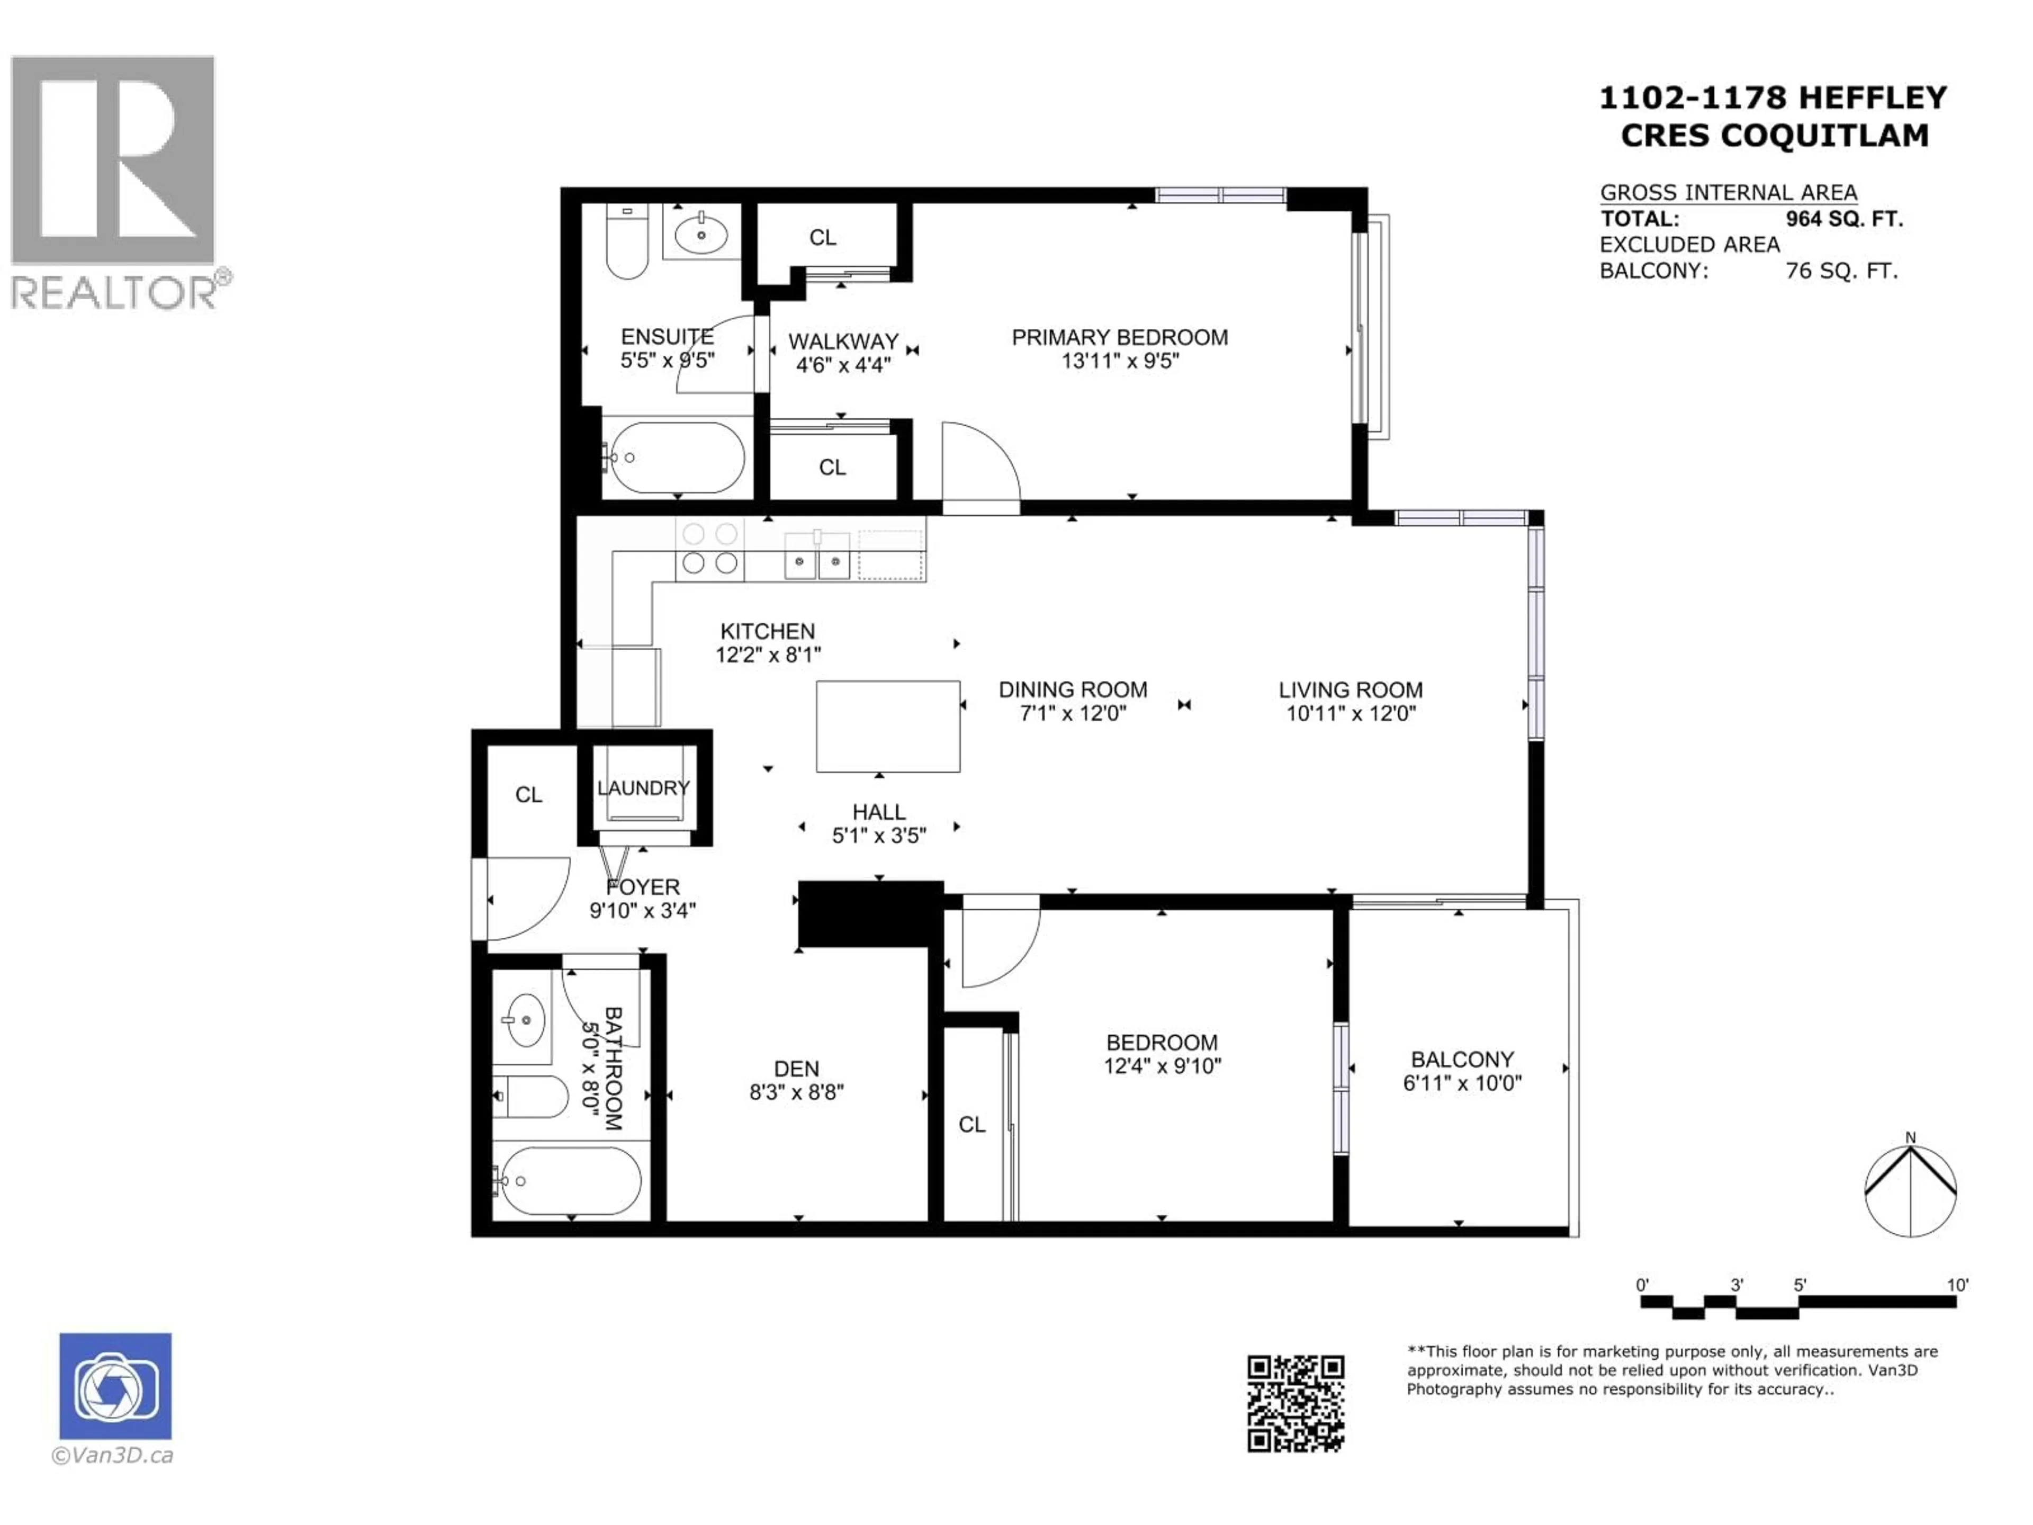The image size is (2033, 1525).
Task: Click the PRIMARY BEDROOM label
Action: tap(1119, 337)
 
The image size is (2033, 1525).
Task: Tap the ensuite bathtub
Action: tap(677, 458)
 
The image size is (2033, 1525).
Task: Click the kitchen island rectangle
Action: tap(888, 726)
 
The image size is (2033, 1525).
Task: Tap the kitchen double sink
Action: tap(817, 559)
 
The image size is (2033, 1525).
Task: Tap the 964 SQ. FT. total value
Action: tap(1843, 219)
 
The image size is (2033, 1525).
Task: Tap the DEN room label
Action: tap(796, 1069)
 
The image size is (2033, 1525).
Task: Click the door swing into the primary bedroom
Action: tap(980, 464)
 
